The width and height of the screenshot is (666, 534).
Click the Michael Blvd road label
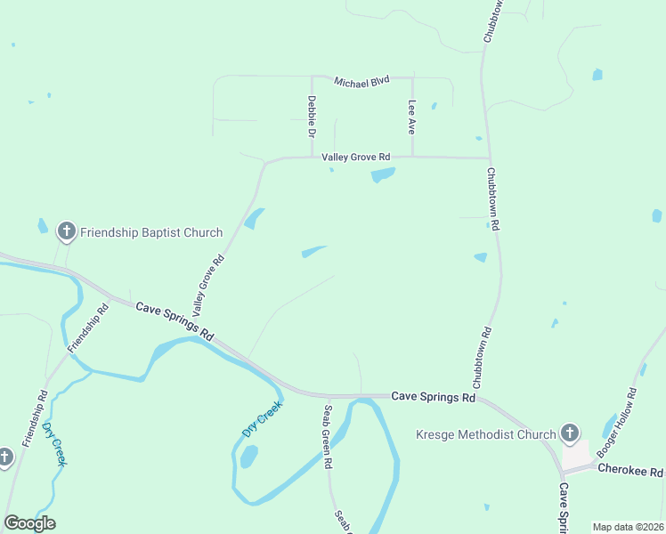coord(361,81)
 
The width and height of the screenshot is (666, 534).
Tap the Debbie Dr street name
coord(312,117)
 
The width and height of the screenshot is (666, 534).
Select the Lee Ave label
coord(411,117)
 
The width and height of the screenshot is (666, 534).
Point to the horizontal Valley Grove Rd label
coord(356,158)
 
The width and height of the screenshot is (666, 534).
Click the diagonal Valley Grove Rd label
coord(208,286)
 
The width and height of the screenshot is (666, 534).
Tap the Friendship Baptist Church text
coord(151,233)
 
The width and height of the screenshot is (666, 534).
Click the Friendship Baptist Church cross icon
coord(66,232)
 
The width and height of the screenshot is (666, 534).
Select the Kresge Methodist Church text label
coord(486,435)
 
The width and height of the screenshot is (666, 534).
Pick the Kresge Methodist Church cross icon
coord(570,434)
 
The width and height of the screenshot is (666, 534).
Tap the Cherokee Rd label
coord(630,469)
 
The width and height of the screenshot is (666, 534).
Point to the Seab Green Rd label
coord(328,436)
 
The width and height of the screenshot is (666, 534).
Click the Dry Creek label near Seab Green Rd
coord(262,418)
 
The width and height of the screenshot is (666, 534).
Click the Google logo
coord(29,522)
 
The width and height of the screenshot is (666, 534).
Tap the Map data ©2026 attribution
coord(627,527)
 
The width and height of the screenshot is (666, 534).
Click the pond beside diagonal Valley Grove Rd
coord(255,218)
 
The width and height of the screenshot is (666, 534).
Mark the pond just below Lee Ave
coord(382,174)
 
